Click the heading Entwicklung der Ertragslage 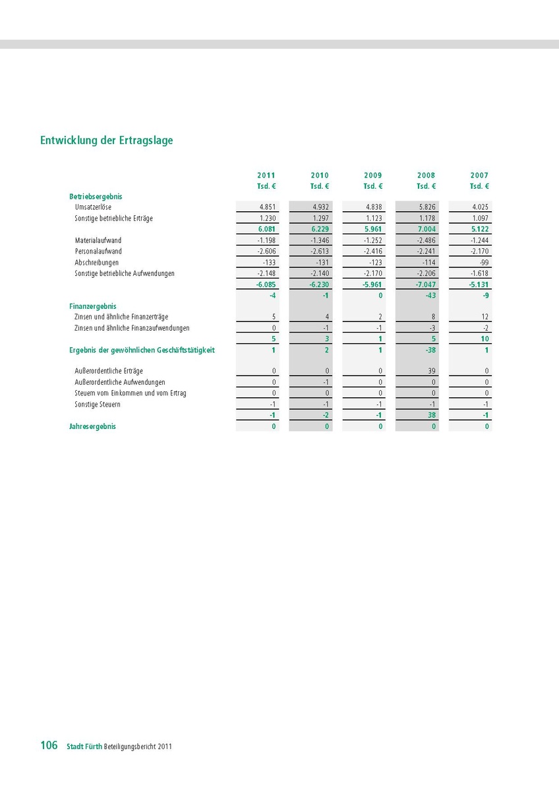[x=106, y=141]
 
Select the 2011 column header [x=266, y=176]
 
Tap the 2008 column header [x=426, y=176]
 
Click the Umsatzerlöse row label [x=93, y=207]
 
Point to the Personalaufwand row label [x=98, y=251]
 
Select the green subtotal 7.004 [x=426, y=229]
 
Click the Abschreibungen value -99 [x=484, y=263]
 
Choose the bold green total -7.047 [x=425, y=284]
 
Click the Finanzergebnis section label [x=93, y=306]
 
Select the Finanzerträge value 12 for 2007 [x=485, y=317]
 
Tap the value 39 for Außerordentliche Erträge [x=432, y=372]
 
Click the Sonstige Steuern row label [x=98, y=405]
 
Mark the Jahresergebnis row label [x=93, y=426]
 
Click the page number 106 [x=49, y=746]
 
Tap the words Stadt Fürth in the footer [x=84, y=747]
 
